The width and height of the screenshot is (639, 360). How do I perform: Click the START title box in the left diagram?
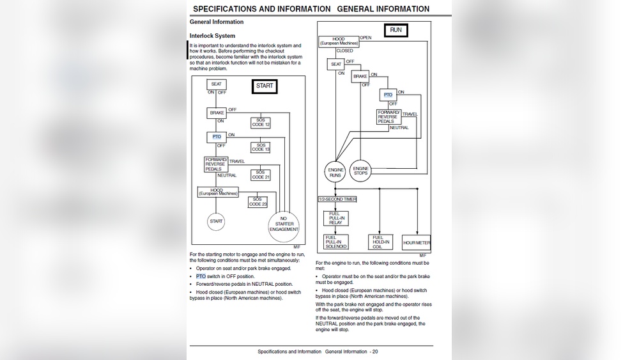pyautogui.click(x=265, y=86)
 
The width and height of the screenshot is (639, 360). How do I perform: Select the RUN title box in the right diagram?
pyautogui.click(x=395, y=30)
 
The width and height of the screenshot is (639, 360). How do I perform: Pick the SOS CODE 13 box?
pyautogui.click(x=260, y=147)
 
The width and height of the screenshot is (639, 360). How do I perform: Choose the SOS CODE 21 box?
pyautogui.click(x=259, y=174)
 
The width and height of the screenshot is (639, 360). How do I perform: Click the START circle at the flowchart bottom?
pyautogui.click(x=217, y=221)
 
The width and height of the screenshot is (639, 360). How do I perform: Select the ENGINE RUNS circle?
pyautogui.click(x=335, y=171)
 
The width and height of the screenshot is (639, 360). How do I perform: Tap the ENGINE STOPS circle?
pyautogui.click(x=361, y=171)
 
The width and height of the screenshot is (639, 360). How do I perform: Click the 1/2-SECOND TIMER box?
pyautogui.click(x=337, y=200)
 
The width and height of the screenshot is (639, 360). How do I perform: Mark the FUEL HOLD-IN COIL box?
pyautogui.click(x=380, y=242)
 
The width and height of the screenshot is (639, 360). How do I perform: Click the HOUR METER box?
pyautogui.click(x=417, y=243)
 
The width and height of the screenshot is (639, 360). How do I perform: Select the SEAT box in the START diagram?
pyautogui.click(x=217, y=84)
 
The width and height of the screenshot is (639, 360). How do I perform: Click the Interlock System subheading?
pyautogui.click(x=213, y=36)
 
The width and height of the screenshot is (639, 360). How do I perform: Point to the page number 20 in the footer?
pyautogui.click(x=375, y=352)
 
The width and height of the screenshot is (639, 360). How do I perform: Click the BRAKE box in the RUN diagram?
pyautogui.click(x=360, y=76)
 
